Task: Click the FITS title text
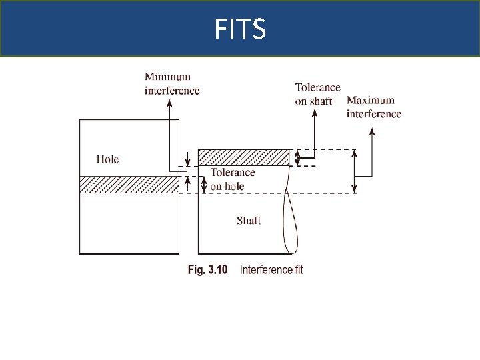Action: tap(240, 29)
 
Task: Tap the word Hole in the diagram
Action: tap(107, 159)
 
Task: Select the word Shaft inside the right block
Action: tap(248, 221)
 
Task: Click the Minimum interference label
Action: tap(172, 84)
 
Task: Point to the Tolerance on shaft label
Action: tap(317, 94)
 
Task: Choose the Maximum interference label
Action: tap(373, 107)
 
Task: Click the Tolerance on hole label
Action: tap(232, 179)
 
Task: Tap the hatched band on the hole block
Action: tap(129, 185)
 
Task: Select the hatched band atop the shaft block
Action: tap(244, 157)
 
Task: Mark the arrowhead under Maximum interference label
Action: tap(371, 131)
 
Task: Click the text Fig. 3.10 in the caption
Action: tap(207, 270)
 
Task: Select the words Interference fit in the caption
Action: tap(271, 270)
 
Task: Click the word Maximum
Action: tap(371, 101)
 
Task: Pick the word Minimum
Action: tap(167, 77)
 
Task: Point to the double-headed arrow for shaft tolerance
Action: tap(298, 158)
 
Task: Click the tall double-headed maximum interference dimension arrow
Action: tap(355, 171)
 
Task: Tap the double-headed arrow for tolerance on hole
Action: tap(205, 185)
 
